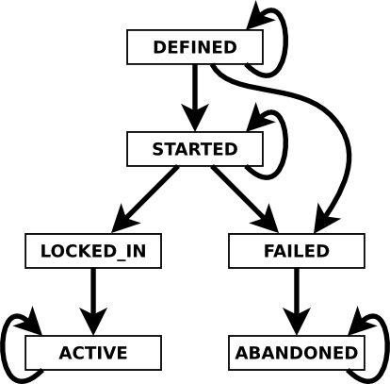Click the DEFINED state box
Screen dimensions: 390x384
tap(195, 47)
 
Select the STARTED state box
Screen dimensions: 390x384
tap(195, 149)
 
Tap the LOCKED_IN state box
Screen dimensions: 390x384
tap(93, 251)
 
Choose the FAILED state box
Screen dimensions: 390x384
tap(297, 251)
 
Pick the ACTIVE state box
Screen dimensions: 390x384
tap(93, 353)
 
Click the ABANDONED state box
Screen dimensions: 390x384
tap(297, 353)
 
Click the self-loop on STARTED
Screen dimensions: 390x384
tap(285, 144)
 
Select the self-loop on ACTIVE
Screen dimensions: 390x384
tap(3, 346)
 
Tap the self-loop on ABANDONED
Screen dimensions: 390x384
tap(387, 346)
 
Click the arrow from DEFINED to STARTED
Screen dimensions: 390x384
tap(195, 98)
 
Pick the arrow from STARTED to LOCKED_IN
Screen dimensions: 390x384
tap(145, 200)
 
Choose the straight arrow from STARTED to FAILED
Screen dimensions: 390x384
tap(244, 199)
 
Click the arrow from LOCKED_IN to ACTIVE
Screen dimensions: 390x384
tap(93, 302)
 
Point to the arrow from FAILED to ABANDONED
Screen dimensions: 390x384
tap(297, 302)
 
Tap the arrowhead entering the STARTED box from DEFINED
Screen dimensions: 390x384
tap(195, 117)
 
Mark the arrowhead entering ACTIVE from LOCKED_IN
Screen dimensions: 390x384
tap(93, 322)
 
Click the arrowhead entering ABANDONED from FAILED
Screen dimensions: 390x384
tap(297, 322)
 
